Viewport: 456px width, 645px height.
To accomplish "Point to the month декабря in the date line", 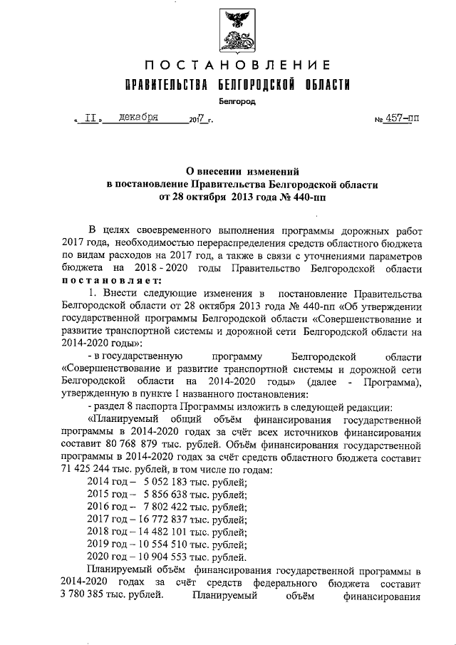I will point(140,118).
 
